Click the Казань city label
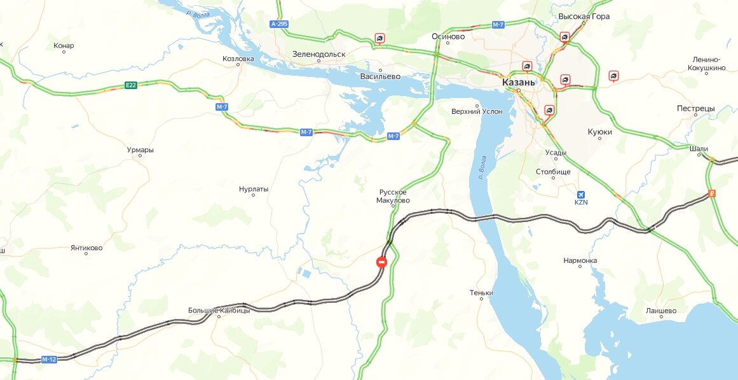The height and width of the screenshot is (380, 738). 519,82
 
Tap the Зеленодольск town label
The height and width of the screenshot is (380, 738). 318,54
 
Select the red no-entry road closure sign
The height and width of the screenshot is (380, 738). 382,261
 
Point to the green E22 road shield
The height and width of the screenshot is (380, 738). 131,85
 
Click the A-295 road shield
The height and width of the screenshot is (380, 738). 279,24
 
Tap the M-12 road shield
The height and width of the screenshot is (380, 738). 49,360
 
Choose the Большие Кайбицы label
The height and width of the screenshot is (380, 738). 219,311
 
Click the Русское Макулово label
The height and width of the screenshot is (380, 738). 393,196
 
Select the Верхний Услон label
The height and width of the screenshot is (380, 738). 476,111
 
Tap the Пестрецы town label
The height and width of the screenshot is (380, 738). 696,108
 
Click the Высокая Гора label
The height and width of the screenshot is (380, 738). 584,17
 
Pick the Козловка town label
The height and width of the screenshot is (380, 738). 238,59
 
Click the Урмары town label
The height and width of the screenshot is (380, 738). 140,150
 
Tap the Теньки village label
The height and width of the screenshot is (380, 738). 481,293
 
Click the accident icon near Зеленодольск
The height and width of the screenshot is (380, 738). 379,39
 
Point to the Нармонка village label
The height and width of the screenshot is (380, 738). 580,260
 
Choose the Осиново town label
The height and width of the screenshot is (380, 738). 448,37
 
